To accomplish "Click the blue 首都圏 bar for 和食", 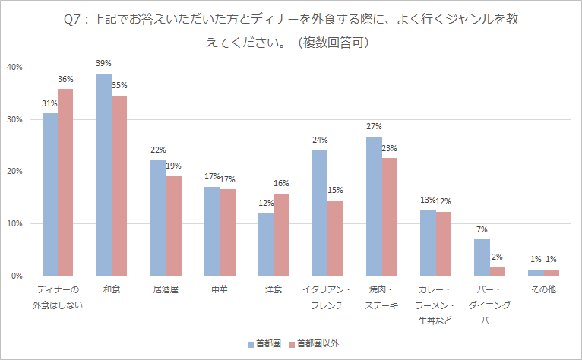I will pos(104,175).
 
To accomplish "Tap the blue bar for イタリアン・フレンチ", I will pos(320,213).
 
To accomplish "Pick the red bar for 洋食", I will pos(281,235).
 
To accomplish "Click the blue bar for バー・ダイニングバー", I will pos(482,257).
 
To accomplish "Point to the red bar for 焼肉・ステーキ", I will pos(390,216).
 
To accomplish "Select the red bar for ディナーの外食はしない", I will pos(65,182).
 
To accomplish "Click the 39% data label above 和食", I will pos(104,64).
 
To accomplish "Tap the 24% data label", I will pos(320,140).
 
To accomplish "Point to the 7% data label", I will pos(482,229).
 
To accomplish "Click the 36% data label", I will pos(65,79).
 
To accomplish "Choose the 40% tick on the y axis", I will pos(15,68).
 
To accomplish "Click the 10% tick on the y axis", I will pos(15,224).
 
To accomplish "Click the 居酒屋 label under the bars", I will pos(166,290).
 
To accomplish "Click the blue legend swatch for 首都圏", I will pos(250,344).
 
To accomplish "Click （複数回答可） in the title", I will pos(332,43).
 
